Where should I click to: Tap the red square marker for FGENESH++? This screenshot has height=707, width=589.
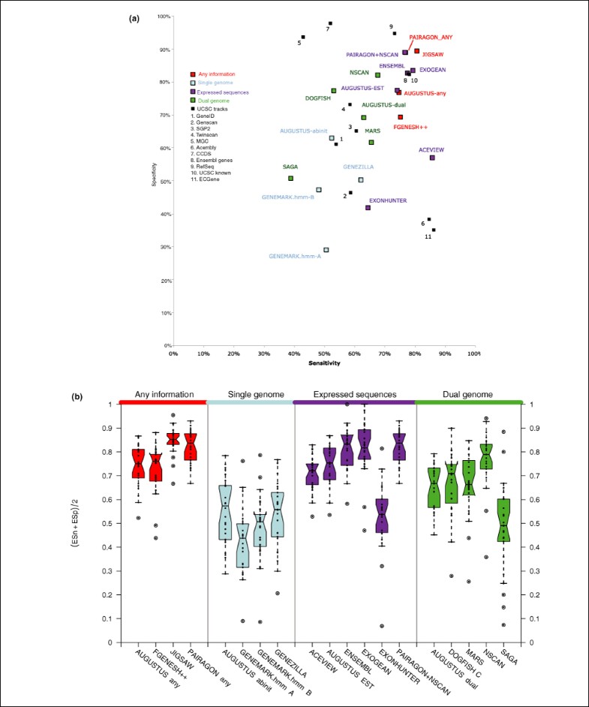coord(401,117)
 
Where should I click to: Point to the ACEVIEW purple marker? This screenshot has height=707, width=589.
coord(432,158)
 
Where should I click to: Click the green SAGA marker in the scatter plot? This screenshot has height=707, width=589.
coord(290,178)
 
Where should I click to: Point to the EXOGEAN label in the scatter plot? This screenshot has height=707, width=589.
coord(433,70)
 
